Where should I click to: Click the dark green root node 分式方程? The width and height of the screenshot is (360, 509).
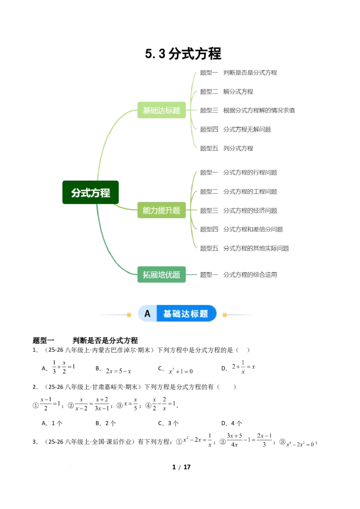[x=91, y=193]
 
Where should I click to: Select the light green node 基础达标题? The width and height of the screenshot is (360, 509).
[x=161, y=110]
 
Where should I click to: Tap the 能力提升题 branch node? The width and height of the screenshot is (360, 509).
[x=161, y=210]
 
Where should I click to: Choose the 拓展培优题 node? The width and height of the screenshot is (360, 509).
[x=161, y=275]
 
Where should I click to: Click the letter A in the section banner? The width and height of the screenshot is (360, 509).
[x=147, y=314]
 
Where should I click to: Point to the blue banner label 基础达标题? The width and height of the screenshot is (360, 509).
[x=185, y=314]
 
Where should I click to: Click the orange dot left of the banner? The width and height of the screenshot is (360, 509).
[x=129, y=315]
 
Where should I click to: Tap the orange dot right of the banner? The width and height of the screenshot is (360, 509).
[x=225, y=315]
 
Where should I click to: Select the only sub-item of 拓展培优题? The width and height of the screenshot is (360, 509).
[x=238, y=274]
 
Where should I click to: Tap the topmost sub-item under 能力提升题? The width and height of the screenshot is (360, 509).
[x=238, y=172]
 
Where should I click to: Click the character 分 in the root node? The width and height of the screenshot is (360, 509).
[x=76, y=193]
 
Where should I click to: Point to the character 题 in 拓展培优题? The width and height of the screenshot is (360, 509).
[x=176, y=275]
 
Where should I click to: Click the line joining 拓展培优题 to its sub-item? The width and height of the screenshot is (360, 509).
[x=193, y=275]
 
